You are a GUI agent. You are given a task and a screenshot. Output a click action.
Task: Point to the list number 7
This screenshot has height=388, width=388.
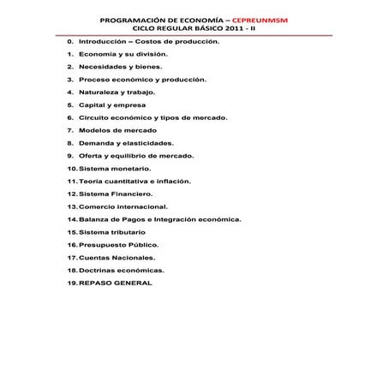coord(68,129)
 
